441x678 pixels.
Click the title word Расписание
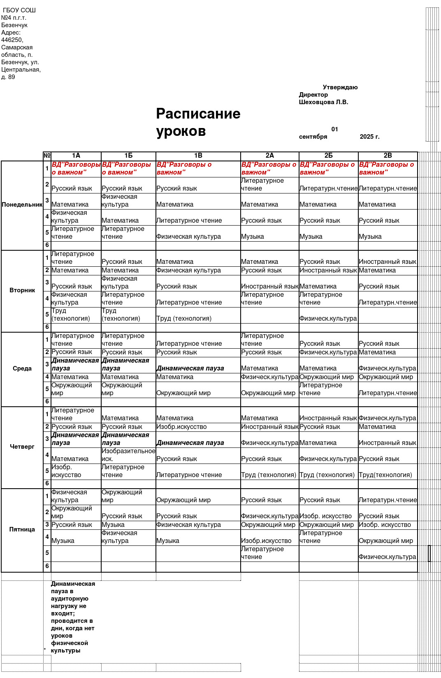pos(198,114)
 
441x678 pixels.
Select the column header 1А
pos(76,156)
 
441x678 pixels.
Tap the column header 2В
pos(388,156)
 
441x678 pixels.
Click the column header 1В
pos(198,156)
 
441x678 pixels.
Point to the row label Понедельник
pos(22,205)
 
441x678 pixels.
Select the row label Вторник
pos(22,290)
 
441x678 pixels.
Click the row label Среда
pos(22,368)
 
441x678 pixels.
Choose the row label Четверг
pos(22,447)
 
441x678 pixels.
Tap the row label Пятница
pos(22,529)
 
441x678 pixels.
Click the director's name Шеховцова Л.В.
pos(323,102)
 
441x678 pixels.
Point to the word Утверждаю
pos(340,87)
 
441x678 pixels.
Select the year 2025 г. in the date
pos(369,137)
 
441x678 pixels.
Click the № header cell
pos(47,156)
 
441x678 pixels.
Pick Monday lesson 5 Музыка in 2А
pos(253,237)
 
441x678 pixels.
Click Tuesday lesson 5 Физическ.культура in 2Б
pos(328,318)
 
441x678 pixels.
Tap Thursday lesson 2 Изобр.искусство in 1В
pos(181,427)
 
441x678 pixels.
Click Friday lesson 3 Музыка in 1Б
pos(113,525)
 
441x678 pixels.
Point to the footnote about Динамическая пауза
pos(72,617)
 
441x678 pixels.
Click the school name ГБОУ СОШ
pos(19,10)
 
